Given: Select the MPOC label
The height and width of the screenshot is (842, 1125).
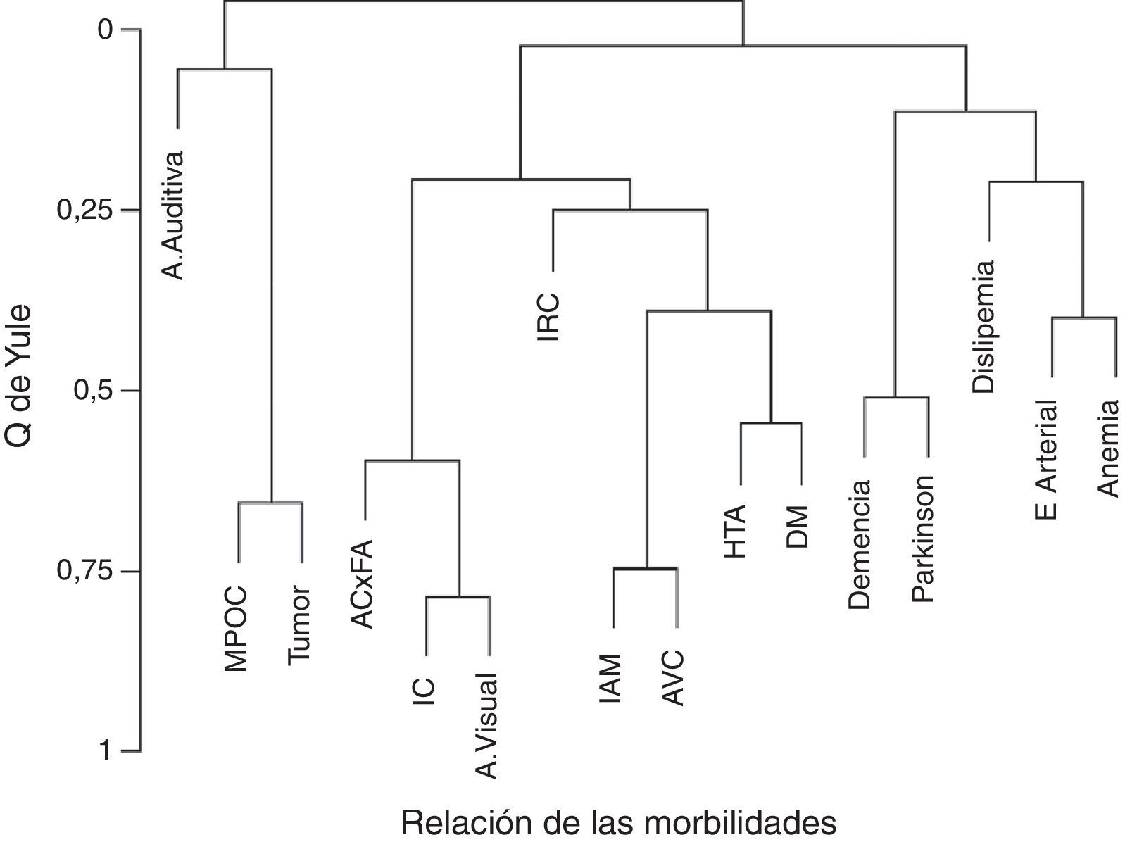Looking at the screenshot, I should (x=237, y=627).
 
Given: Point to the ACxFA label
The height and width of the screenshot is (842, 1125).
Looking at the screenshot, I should (x=363, y=583).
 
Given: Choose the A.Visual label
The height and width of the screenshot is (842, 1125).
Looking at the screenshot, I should (x=488, y=726).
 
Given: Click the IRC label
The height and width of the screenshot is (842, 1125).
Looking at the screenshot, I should (x=549, y=318).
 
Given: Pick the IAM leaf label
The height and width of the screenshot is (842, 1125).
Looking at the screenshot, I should (x=611, y=679).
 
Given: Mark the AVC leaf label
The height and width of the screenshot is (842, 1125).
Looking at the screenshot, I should (x=674, y=678).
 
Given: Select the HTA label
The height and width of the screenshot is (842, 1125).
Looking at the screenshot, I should (x=735, y=532).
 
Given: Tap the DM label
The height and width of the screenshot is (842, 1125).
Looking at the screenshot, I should (x=798, y=527).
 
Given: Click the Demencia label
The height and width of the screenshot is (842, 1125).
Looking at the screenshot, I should (x=860, y=544).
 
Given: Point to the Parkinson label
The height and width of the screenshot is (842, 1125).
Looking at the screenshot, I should (x=922, y=539).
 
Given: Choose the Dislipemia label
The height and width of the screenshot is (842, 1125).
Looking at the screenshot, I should (x=984, y=327).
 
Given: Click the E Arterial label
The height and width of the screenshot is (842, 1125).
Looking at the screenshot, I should (x=1048, y=460).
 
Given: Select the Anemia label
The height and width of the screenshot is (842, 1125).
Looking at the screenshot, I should (x=1110, y=448).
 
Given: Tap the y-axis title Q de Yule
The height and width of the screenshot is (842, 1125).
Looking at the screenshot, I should (x=18, y=375).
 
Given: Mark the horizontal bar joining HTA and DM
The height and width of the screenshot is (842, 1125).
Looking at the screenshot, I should (x=771, y=423).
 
